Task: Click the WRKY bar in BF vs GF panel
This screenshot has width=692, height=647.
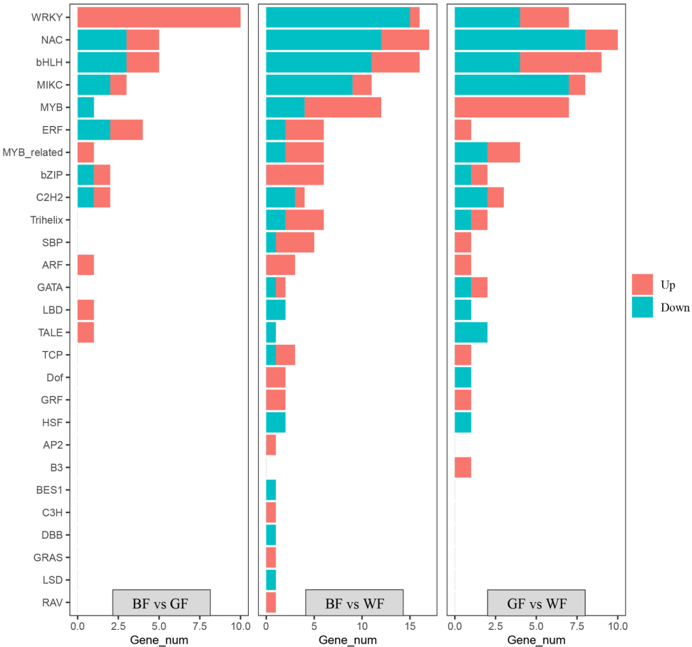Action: click(158, 17)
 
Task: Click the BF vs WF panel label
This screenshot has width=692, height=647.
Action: click(354, 604)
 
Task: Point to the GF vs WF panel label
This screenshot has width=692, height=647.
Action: click(536, 604)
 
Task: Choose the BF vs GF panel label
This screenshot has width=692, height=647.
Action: click(161, 604)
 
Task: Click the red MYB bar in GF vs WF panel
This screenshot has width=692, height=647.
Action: click(511, 108)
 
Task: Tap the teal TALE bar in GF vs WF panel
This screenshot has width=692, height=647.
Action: click(470, 333)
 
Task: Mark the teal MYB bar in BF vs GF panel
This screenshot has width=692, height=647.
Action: click(86, 108)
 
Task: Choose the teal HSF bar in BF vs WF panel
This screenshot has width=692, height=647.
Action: click(275, 423)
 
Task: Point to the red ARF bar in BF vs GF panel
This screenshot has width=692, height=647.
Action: click(86, 265)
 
